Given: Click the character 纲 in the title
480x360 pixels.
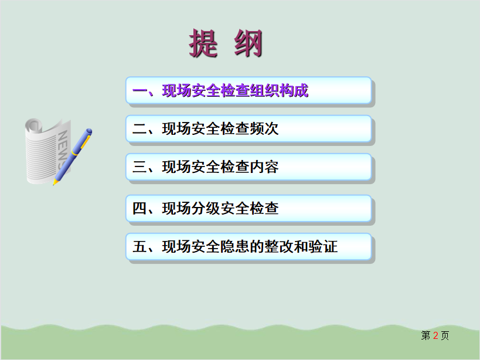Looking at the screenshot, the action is point(248,43).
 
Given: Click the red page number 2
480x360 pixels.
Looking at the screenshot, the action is point(435,335).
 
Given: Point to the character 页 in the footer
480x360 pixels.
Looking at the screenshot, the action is point(445,335).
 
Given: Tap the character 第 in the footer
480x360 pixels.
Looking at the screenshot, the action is point(426,335).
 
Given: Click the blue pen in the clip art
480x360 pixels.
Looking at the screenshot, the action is point(73,157).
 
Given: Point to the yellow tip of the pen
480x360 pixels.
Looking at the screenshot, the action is point(55,183).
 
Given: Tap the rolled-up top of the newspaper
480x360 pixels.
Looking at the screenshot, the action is point(33,125).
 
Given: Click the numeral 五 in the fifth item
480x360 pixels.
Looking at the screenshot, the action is point(139,246).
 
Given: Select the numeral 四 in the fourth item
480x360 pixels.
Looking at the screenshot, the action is point(139,208).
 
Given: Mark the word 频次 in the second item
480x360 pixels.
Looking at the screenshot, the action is point(264,128).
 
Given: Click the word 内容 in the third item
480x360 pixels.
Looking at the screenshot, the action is point(264,167).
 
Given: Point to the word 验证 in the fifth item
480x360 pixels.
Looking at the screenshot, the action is point(323,246).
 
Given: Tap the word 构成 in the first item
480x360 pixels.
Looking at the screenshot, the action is point(294,90).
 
